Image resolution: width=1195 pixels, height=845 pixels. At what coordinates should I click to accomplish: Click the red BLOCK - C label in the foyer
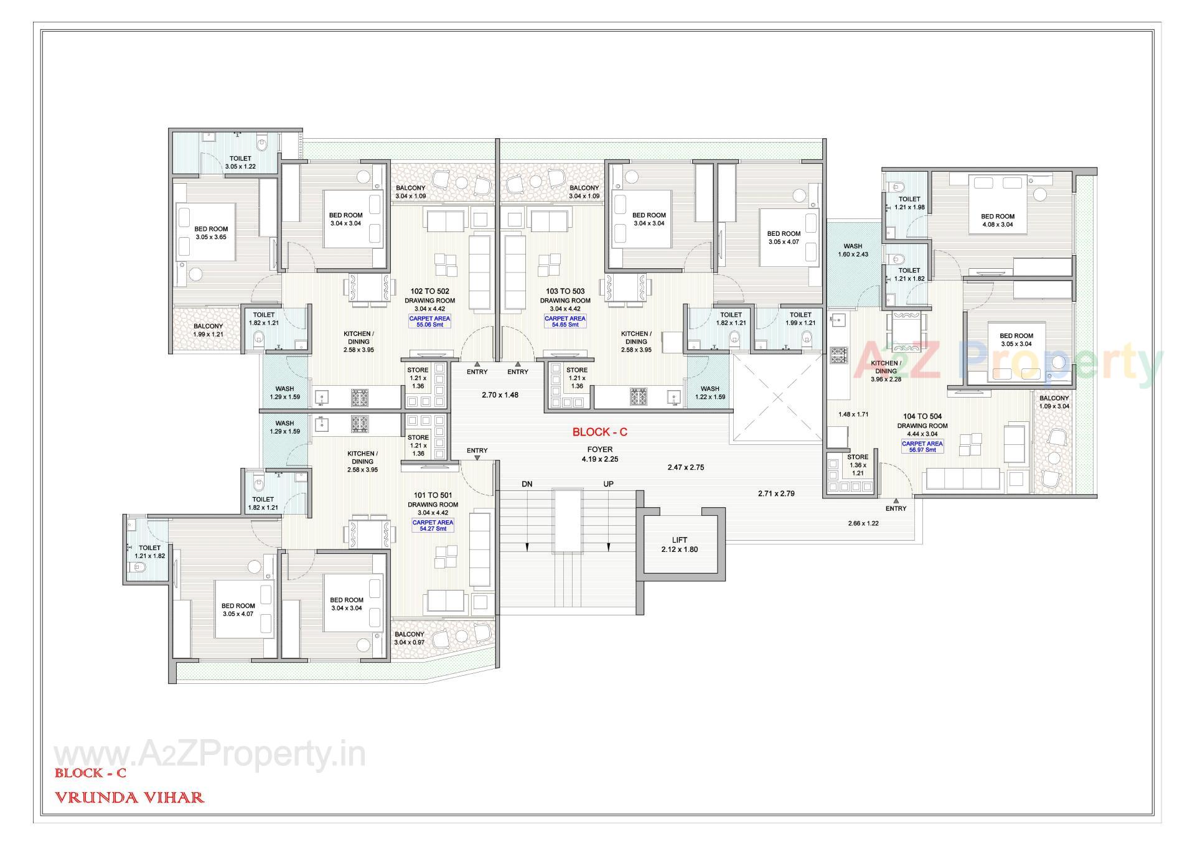599,432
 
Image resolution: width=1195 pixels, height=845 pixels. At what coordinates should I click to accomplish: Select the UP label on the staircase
608,484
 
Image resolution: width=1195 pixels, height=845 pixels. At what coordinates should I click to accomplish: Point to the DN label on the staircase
527,484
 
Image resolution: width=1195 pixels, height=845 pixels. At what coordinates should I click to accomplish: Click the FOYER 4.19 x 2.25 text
599,454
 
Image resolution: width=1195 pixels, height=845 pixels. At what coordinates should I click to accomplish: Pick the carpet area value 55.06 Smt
429,325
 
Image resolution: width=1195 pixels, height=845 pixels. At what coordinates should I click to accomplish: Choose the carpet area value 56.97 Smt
922,450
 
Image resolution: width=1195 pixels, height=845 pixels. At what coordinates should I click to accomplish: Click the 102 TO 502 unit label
429,291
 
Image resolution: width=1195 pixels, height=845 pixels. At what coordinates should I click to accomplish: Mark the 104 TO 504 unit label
922,416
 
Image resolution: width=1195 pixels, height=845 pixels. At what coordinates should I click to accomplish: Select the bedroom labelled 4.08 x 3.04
997,220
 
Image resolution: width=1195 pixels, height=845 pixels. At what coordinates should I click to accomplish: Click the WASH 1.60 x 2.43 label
853,250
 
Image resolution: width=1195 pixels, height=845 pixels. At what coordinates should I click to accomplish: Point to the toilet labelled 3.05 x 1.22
240,162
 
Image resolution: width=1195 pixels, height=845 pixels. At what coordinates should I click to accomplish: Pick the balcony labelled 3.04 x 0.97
409,638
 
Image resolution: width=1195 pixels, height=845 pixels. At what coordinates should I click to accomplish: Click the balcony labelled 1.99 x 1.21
208,330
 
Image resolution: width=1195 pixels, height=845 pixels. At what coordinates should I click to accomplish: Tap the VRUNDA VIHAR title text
129,797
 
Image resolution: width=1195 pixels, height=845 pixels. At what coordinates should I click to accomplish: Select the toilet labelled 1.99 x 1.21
800,319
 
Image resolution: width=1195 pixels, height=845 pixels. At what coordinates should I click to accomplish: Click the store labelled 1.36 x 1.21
857,465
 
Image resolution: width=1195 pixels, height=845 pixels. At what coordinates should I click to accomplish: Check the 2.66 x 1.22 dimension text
863,523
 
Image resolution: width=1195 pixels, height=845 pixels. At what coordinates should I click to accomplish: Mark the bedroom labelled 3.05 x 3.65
211,233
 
